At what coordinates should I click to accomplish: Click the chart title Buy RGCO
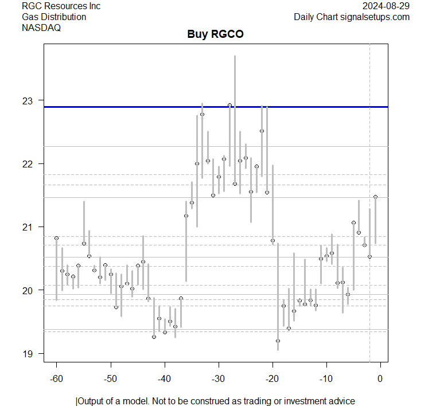215,34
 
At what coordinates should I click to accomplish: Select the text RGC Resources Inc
61,6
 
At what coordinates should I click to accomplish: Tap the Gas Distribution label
54,17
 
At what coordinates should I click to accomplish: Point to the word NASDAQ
41,27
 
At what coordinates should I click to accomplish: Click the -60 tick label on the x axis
56,378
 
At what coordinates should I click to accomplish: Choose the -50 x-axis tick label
110,378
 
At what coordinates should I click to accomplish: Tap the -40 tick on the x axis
164,378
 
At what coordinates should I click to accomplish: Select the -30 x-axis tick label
218,378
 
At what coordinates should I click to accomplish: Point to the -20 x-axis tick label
272,378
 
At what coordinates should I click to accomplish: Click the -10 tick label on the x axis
326,378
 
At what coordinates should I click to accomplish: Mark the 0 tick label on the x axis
380,378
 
